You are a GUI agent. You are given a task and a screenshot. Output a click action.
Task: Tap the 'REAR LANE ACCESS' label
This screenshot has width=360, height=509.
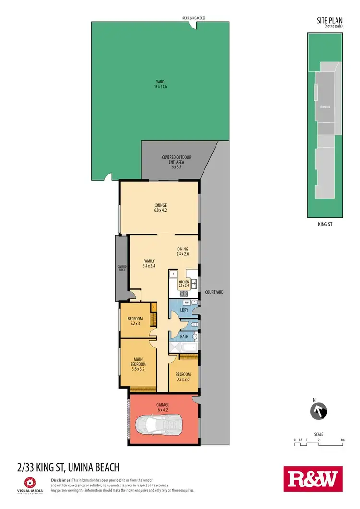pyautogui.click(x=194, y=18)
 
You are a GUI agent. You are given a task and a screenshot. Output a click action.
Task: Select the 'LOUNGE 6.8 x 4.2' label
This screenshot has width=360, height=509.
pyautogui.click(x=160, y=208)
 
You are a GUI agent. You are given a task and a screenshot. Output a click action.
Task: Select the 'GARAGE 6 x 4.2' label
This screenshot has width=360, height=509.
pyautogui.click(x=163, y=407)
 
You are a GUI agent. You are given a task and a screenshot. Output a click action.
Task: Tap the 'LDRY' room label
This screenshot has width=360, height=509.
pyautogui.click(x=183, y=310)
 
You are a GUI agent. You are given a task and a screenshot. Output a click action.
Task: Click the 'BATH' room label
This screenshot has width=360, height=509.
pyautogui.click(x=184, y=337)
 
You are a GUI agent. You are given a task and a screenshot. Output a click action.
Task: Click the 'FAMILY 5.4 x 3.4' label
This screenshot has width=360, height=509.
pyautogui.click(x=149, y=263)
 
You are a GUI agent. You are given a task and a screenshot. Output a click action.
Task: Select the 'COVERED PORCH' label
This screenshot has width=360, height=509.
pyautogui.click(x=121, y=268)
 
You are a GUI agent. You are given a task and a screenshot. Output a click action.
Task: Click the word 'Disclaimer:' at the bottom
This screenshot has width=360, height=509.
pyautogui.click(x=61, y=480)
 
